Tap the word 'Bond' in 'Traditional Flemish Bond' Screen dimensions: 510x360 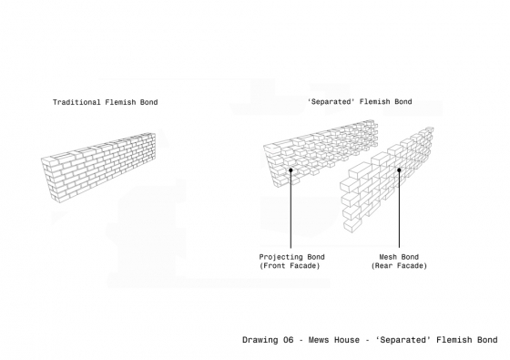point(148,102)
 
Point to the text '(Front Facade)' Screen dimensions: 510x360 point(290,266)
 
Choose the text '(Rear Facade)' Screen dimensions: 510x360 point(398,266)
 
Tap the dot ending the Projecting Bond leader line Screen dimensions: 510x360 point(291,170)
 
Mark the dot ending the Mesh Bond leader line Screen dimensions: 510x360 point(399,168)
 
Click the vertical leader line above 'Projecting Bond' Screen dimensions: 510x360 point(291,210)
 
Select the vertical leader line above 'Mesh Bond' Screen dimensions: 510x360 point(399,210)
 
